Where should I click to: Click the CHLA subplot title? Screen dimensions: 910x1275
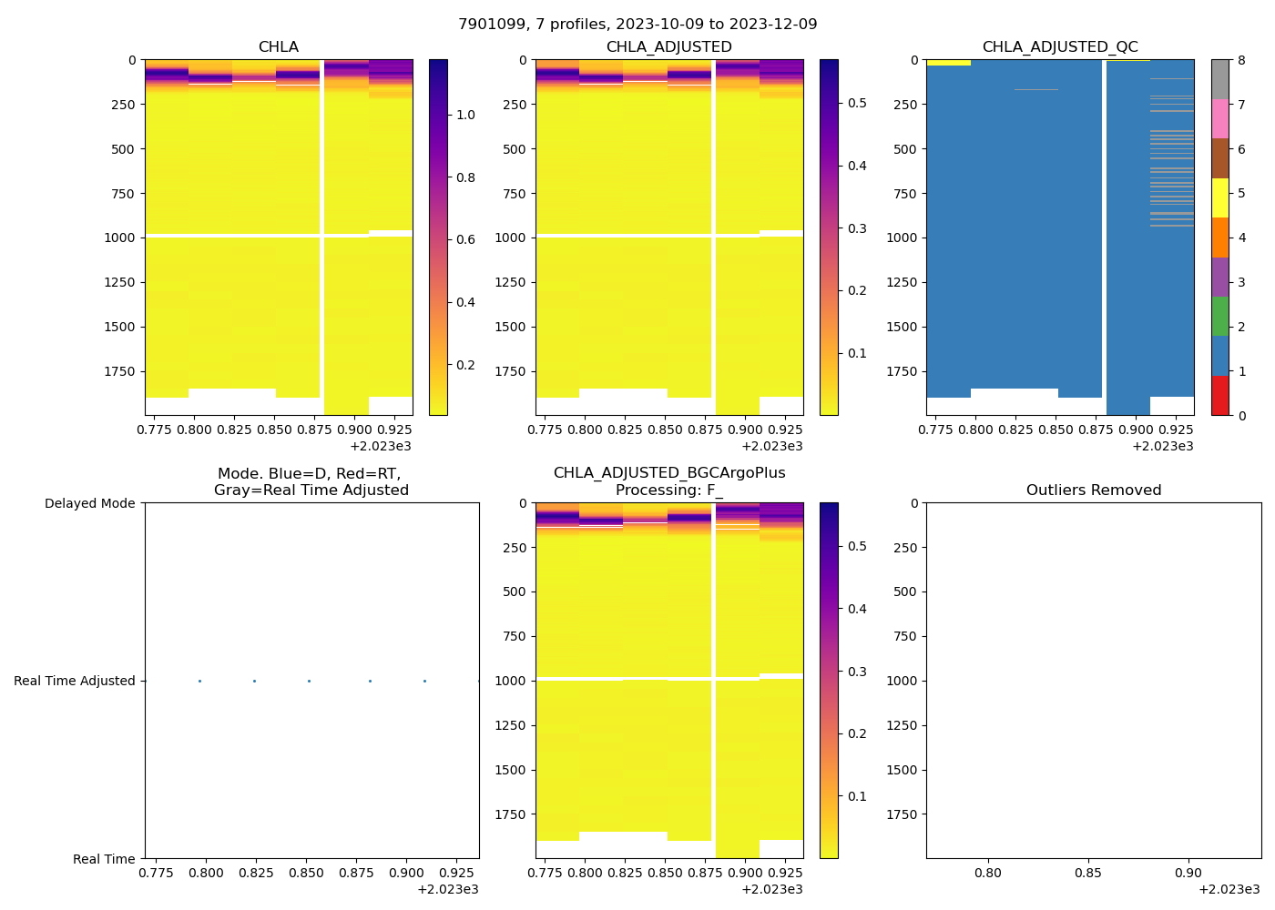coord(278,47)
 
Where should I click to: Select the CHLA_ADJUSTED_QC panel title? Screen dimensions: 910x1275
coord(1060,47)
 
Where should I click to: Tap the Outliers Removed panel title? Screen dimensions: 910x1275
coord(1094,490)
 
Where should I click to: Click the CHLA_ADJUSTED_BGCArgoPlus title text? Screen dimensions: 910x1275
coord(669,473)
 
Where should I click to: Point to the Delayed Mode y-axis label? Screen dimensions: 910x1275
coord(90,504)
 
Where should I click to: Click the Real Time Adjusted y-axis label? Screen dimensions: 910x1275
coord(75,682)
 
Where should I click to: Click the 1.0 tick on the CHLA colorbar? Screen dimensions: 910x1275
coord(465,115)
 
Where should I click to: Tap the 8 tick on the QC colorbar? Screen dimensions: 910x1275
coord(1241,61)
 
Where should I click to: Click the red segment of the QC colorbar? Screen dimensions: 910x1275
coord(1220,396)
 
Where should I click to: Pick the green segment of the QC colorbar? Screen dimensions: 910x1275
coord(1220,317)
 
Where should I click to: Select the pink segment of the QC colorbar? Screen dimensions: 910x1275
coord(1220,119)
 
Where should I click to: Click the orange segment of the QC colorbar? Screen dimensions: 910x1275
coord(1220,238)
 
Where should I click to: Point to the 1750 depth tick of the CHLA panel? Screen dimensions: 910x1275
coord(119,371)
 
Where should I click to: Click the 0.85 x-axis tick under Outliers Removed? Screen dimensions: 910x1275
coord(1088,874)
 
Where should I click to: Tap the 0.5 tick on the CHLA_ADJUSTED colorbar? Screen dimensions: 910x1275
coord(857,104)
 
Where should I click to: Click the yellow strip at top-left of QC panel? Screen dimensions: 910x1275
coord(948,63)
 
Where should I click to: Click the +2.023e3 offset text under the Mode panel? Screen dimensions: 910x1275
coord(447,889)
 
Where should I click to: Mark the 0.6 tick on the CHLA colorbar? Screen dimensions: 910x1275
coord(465,240)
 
